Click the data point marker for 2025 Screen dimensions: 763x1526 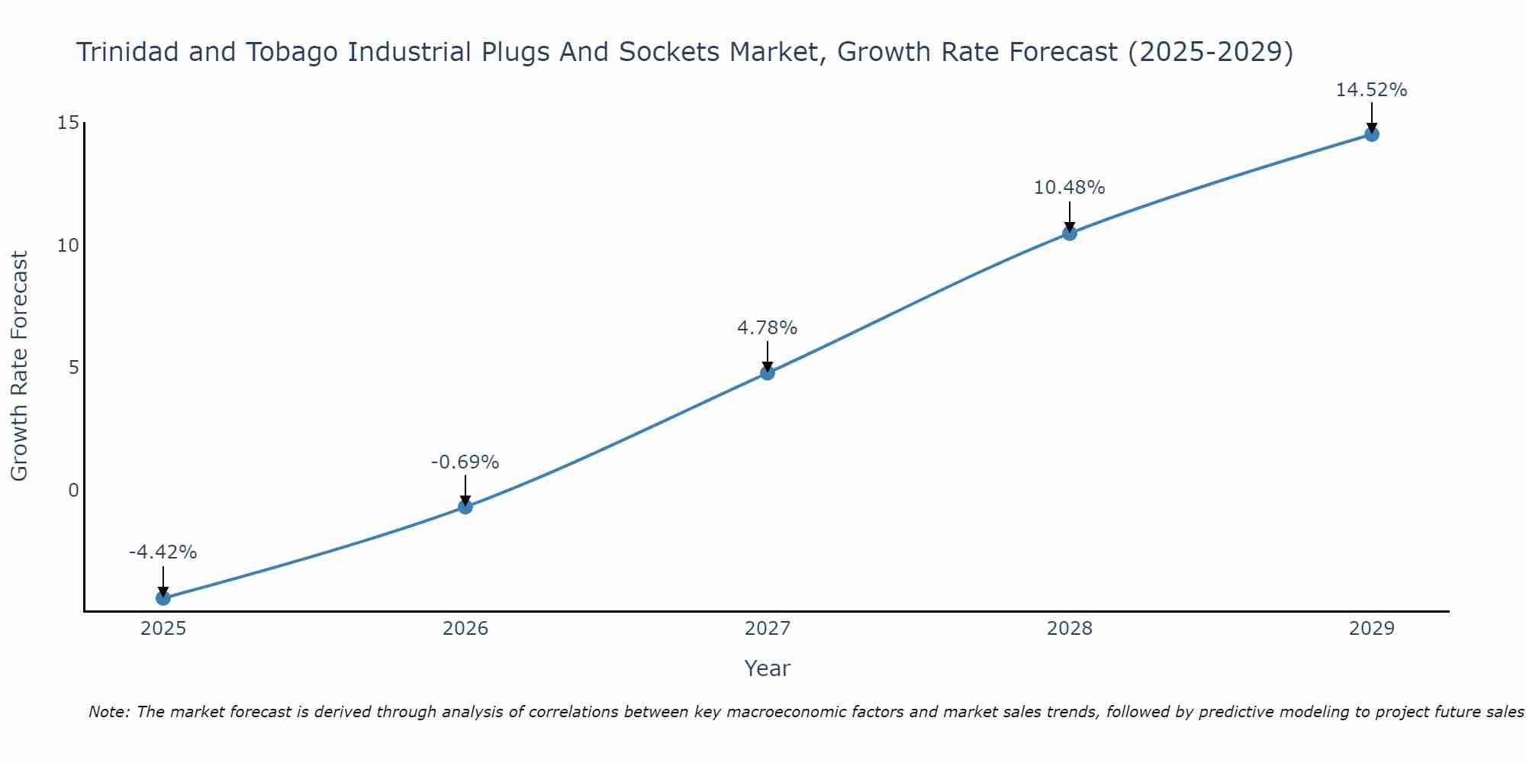click(163, 598)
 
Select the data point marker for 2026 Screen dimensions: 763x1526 click(465, 507)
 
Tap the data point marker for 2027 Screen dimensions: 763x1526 click(768, 372)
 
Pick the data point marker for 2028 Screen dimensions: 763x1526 click(1070, 233)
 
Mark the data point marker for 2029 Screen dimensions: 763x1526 click(1372, 134)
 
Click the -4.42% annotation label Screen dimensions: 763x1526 click(163, 552)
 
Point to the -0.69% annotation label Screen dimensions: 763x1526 click(465, 462)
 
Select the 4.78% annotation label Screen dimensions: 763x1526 click(768, 328)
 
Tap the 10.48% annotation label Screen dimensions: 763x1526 click(1070, 188)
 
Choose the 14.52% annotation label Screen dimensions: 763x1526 click(1372, 90)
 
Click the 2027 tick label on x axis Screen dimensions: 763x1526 click(768, 629)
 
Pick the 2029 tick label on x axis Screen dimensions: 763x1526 click(1372, 629)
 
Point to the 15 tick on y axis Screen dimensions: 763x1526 click(68, 123)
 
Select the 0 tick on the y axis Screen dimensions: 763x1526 click(73, 490)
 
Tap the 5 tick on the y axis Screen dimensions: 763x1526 click(73, 368)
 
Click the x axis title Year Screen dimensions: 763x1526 click(768, 668)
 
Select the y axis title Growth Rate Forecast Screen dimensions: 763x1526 click(20, 366)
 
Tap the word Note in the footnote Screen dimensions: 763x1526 click(108, 712)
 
